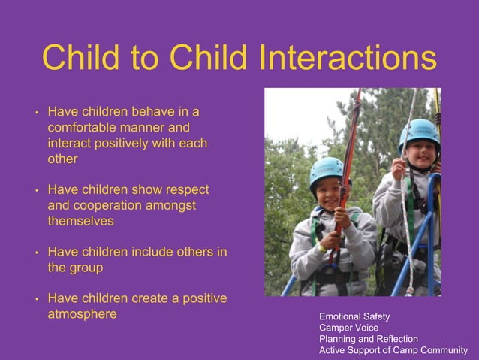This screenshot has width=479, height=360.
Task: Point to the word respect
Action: click(x=183, y=189)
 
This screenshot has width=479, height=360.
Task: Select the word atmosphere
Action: click(x=83, y=314)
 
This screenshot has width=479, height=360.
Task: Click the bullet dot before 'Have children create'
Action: click(x=35, y=300)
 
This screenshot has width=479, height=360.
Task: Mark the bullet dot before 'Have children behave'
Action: click(x=35, y=113)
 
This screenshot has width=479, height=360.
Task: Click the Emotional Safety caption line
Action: click(x=354, y=317)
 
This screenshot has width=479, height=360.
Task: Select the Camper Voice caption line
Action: click(x=348, y=328)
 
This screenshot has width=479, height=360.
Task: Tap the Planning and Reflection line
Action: click(x=369, y=339)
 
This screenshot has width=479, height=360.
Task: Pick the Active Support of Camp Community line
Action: click(x=393, y=350)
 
